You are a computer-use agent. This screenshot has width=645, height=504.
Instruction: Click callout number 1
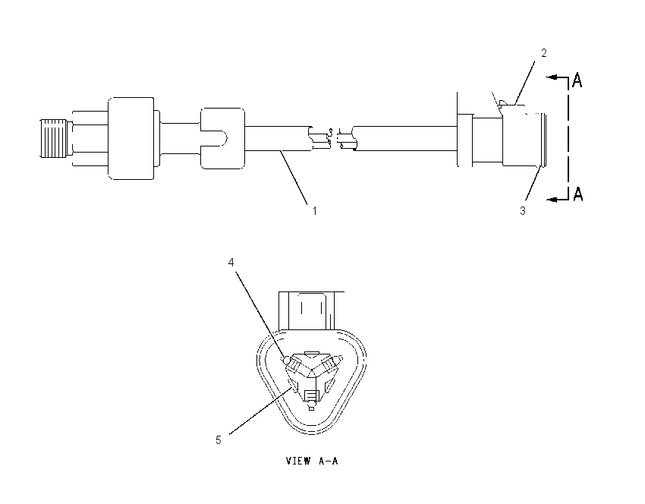[x=315, y=211]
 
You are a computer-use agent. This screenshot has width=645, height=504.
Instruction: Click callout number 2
[x=544, y=53]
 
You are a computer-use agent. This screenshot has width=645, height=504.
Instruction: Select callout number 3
[x=522, y=211]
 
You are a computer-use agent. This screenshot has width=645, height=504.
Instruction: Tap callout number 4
[x=231, y=262]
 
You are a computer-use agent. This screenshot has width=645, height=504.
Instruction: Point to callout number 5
[x=219, y=440]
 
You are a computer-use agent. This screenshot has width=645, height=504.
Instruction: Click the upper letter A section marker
[x=577, y=80]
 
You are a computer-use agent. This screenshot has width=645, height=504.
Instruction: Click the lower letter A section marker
[x=578, y=194]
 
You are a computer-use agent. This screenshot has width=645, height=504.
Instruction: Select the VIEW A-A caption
[x=312, y=461]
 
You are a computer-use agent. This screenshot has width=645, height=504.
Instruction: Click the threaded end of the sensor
[x=54, y=138]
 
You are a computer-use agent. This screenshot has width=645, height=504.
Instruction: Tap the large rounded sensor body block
[x=131, y=138]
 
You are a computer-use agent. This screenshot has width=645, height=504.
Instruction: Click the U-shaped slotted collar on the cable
[x=222, y=138]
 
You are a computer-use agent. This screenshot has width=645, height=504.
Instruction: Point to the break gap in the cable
[x=333, y=139]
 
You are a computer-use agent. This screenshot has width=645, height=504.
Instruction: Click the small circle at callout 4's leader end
[x=287, y=360]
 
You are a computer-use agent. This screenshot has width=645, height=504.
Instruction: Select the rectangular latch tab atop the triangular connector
[x=311, y=310]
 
